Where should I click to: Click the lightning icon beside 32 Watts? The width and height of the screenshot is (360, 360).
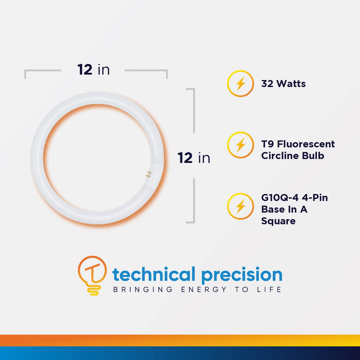[x=240, y=83]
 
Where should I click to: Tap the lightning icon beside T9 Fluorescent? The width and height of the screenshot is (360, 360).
[x=240, y=145]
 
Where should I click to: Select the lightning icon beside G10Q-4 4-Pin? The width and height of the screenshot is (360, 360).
[x=240, y=206]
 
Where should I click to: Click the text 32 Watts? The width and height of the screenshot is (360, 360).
[x=283, y=84]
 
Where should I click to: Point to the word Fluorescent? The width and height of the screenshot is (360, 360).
[x=306, y=144]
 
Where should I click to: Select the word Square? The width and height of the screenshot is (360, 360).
[x=278, y=221]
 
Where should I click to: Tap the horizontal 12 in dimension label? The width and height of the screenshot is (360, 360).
[x=93, y=70]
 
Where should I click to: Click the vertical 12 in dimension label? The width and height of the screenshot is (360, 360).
[x=194, y=158]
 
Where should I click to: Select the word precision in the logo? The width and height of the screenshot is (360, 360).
[x=242, y=275]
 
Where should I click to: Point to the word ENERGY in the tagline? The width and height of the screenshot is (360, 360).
[x=204, y=290]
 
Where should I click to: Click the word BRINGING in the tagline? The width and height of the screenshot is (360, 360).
[x=143, y=290]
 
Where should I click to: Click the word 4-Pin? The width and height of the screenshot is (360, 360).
[x=315, y=198]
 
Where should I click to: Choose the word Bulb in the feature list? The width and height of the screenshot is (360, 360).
[x=314, y=156]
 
